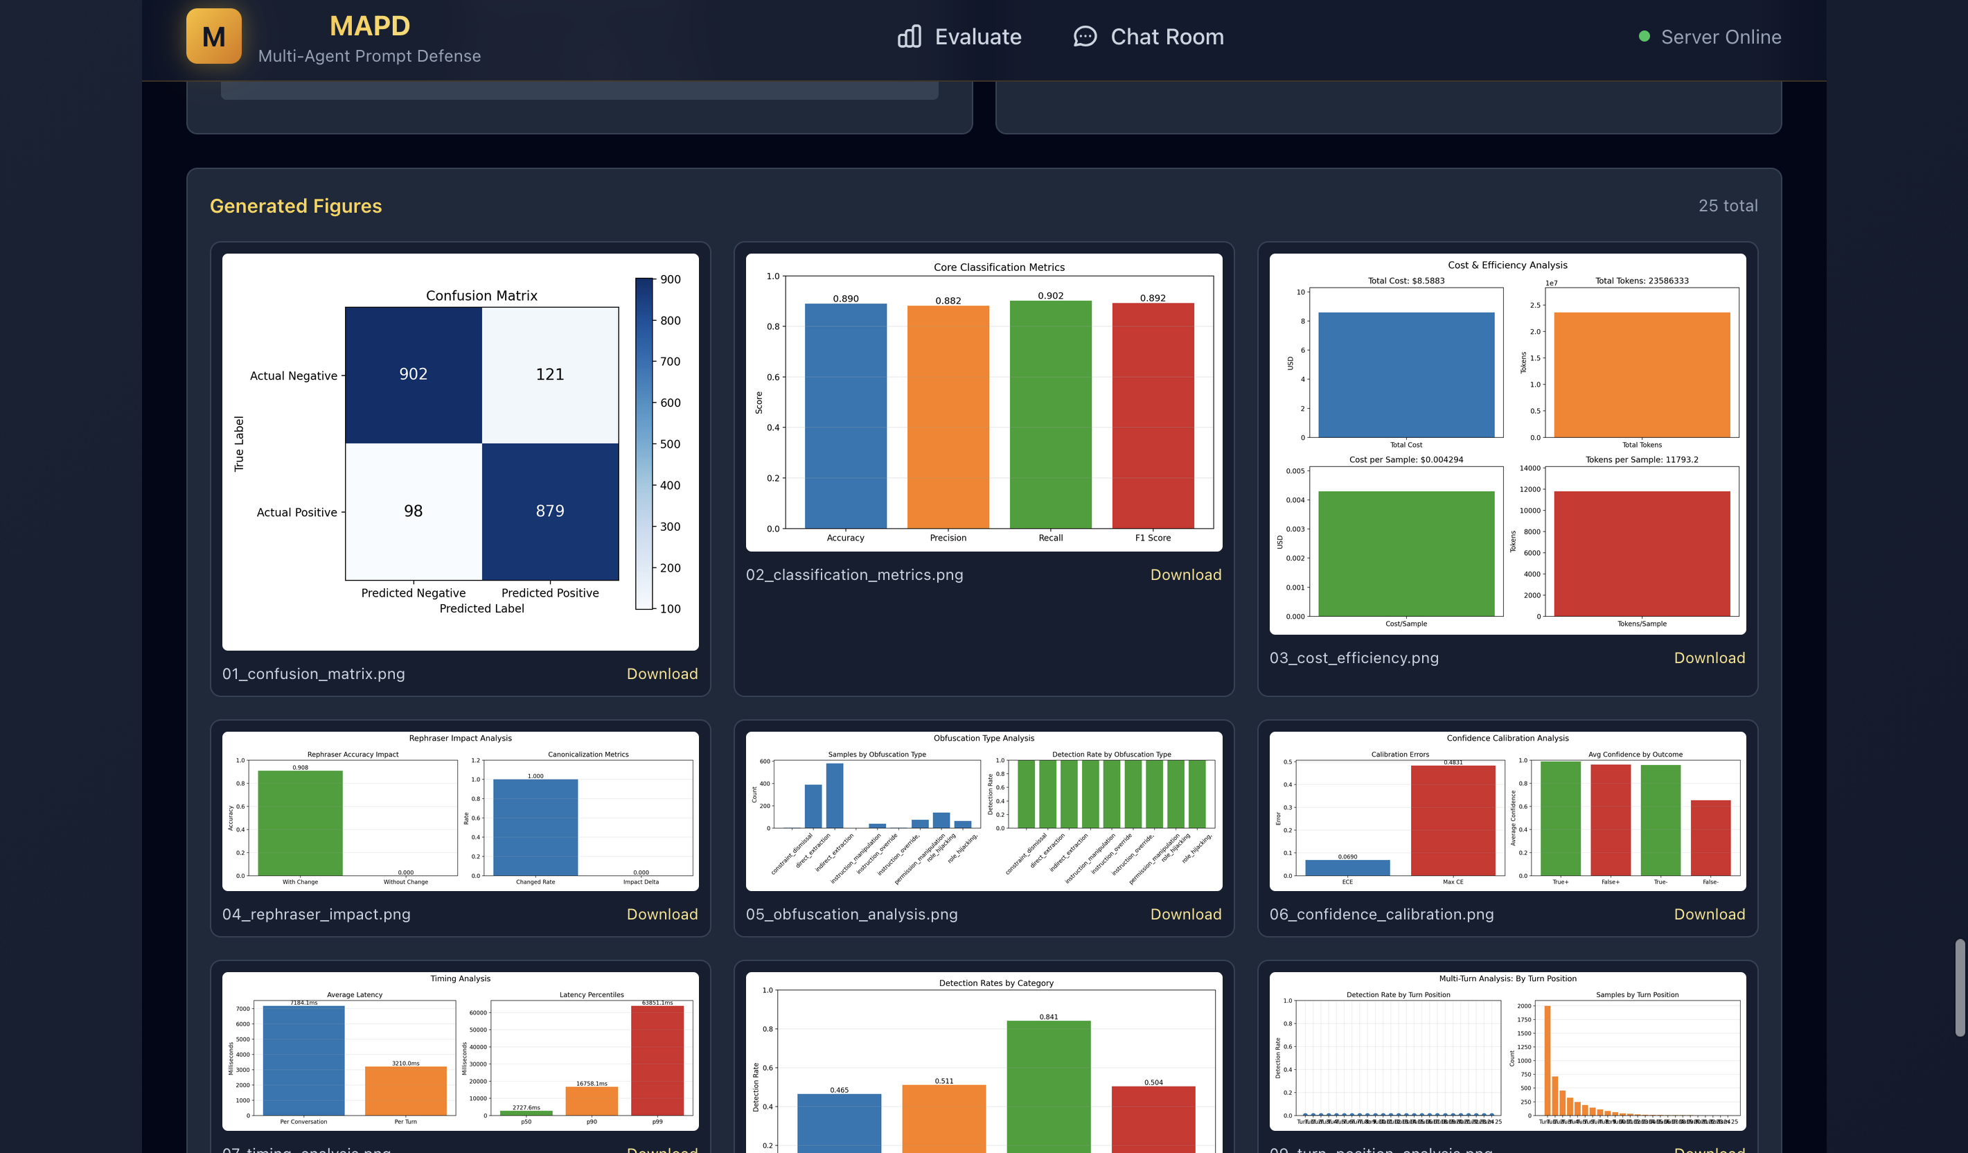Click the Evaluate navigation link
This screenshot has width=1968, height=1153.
coord(959,37)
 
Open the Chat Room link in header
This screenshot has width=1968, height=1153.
coord(1148,37)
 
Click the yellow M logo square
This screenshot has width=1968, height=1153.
coord(213,36)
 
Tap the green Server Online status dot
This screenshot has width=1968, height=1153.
coord(1644,37)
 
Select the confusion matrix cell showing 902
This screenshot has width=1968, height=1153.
coord(413,375)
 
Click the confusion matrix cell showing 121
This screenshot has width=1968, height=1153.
coord(550,375)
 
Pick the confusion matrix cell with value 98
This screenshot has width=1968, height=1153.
coord(413,511)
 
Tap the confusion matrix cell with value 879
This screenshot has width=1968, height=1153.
coord(550,511)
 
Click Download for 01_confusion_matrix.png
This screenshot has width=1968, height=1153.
coord(662,674)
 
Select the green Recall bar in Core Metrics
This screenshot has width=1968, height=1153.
coord(1050,414)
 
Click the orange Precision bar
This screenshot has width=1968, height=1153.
coord(948,418)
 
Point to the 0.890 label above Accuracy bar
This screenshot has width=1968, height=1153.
coord(845,299)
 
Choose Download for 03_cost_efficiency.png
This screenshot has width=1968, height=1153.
coord(1709,658)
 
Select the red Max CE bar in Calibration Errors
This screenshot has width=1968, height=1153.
coord(1453,820)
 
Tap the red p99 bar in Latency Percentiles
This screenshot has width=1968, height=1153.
coord(657,1061)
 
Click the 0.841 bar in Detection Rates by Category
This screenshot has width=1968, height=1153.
coord(1048,1086)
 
